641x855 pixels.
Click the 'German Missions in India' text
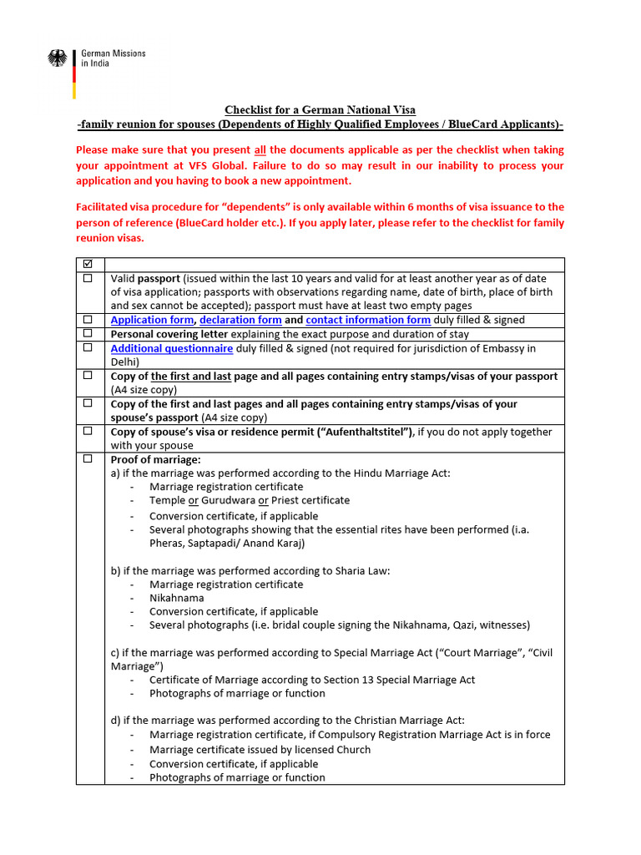point(113,58)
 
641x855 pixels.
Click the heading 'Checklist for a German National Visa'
point(320,110)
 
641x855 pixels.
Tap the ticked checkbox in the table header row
point(88,265)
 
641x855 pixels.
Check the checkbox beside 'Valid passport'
point(88,279)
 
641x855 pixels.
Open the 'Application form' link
point(152,320)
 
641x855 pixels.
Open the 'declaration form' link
point(240,320)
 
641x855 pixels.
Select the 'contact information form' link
point(368,320)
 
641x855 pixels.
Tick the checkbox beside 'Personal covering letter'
point(88,334)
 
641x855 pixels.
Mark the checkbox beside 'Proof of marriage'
point(88,459)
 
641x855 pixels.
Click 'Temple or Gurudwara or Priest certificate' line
point(250,500)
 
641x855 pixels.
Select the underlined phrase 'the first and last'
point(190,377)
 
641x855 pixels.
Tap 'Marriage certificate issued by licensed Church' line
point(260,749)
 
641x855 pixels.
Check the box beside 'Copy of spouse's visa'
point(88,432)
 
